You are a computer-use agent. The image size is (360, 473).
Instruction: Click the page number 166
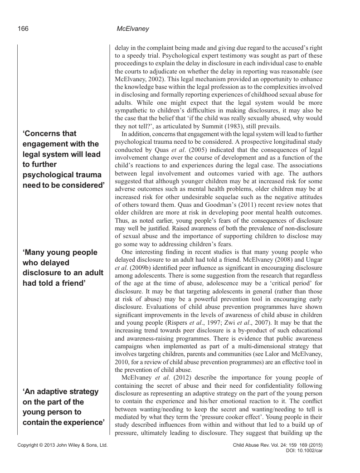tap(23, 29)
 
